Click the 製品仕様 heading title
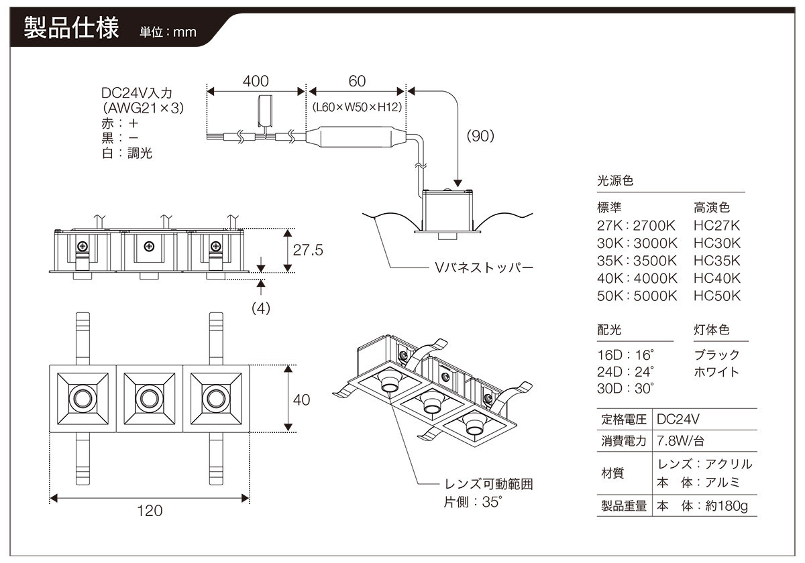tap(71, 29)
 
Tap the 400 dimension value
tap(256, 81)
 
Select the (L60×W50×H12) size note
tap(356, 107)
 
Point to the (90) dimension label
tap(480, 135)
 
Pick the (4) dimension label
tap(260, 310)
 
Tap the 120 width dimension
tap(150, 511)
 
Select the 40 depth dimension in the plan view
tap(302, 399)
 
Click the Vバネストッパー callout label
tap(484, 268)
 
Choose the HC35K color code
tap(717, 261)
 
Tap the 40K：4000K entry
tap(637, 278)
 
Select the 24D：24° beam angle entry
tap(625, 371)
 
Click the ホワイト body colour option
tap(716, 371)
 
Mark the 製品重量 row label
tap(623, 506)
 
